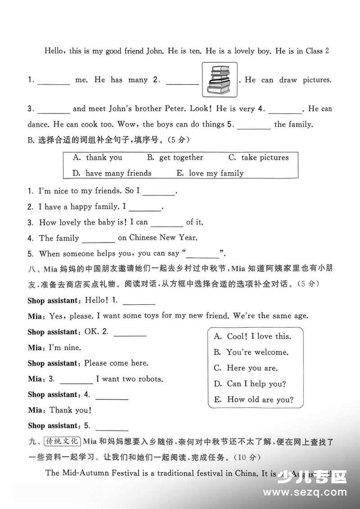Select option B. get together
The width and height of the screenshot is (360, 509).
pyautogui.click(x=175, y=158)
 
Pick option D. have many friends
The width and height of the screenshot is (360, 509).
pyautogui.click(x=112, y=173)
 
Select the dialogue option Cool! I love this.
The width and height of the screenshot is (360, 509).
pyautogui.click(x=252, y=337)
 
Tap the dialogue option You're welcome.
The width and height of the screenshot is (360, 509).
pyautogui.click(x=251, y=352)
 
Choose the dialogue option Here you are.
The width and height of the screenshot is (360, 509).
pyautogui.click(x=246, y=368)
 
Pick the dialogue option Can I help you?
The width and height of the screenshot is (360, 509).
pyautogui.click(x=250, y=384)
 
